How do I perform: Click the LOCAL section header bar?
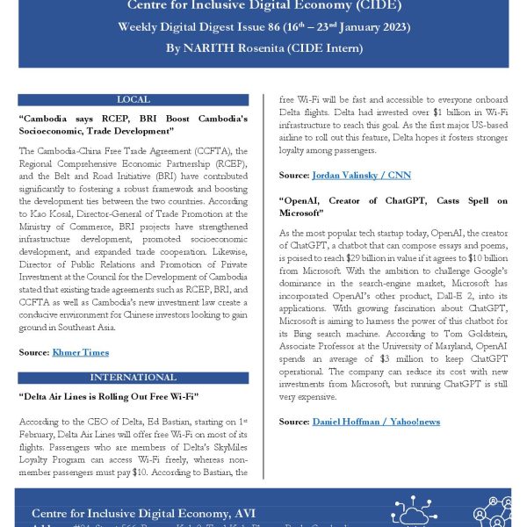click(x=133, y=100)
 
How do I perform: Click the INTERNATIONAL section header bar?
click(x=133, y=378)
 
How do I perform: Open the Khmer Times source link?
click(x=79, y=352)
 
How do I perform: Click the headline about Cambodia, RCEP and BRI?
click(x=133, y=125)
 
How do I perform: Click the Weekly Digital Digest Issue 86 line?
click(x=263, y=27)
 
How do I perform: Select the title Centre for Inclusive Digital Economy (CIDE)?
click(x=263, y=7)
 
